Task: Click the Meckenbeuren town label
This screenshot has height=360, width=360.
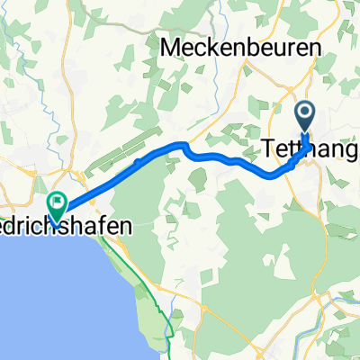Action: (x=238, y=47)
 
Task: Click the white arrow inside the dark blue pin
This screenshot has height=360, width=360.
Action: (x=306, y=113)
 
